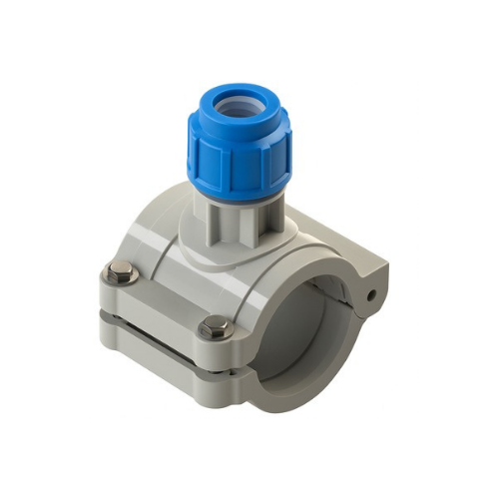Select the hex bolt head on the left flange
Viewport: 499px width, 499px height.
122,271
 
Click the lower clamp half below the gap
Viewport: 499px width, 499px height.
160,345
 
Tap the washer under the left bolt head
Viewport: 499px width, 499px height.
122,280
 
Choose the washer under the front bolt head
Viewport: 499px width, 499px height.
215,336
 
